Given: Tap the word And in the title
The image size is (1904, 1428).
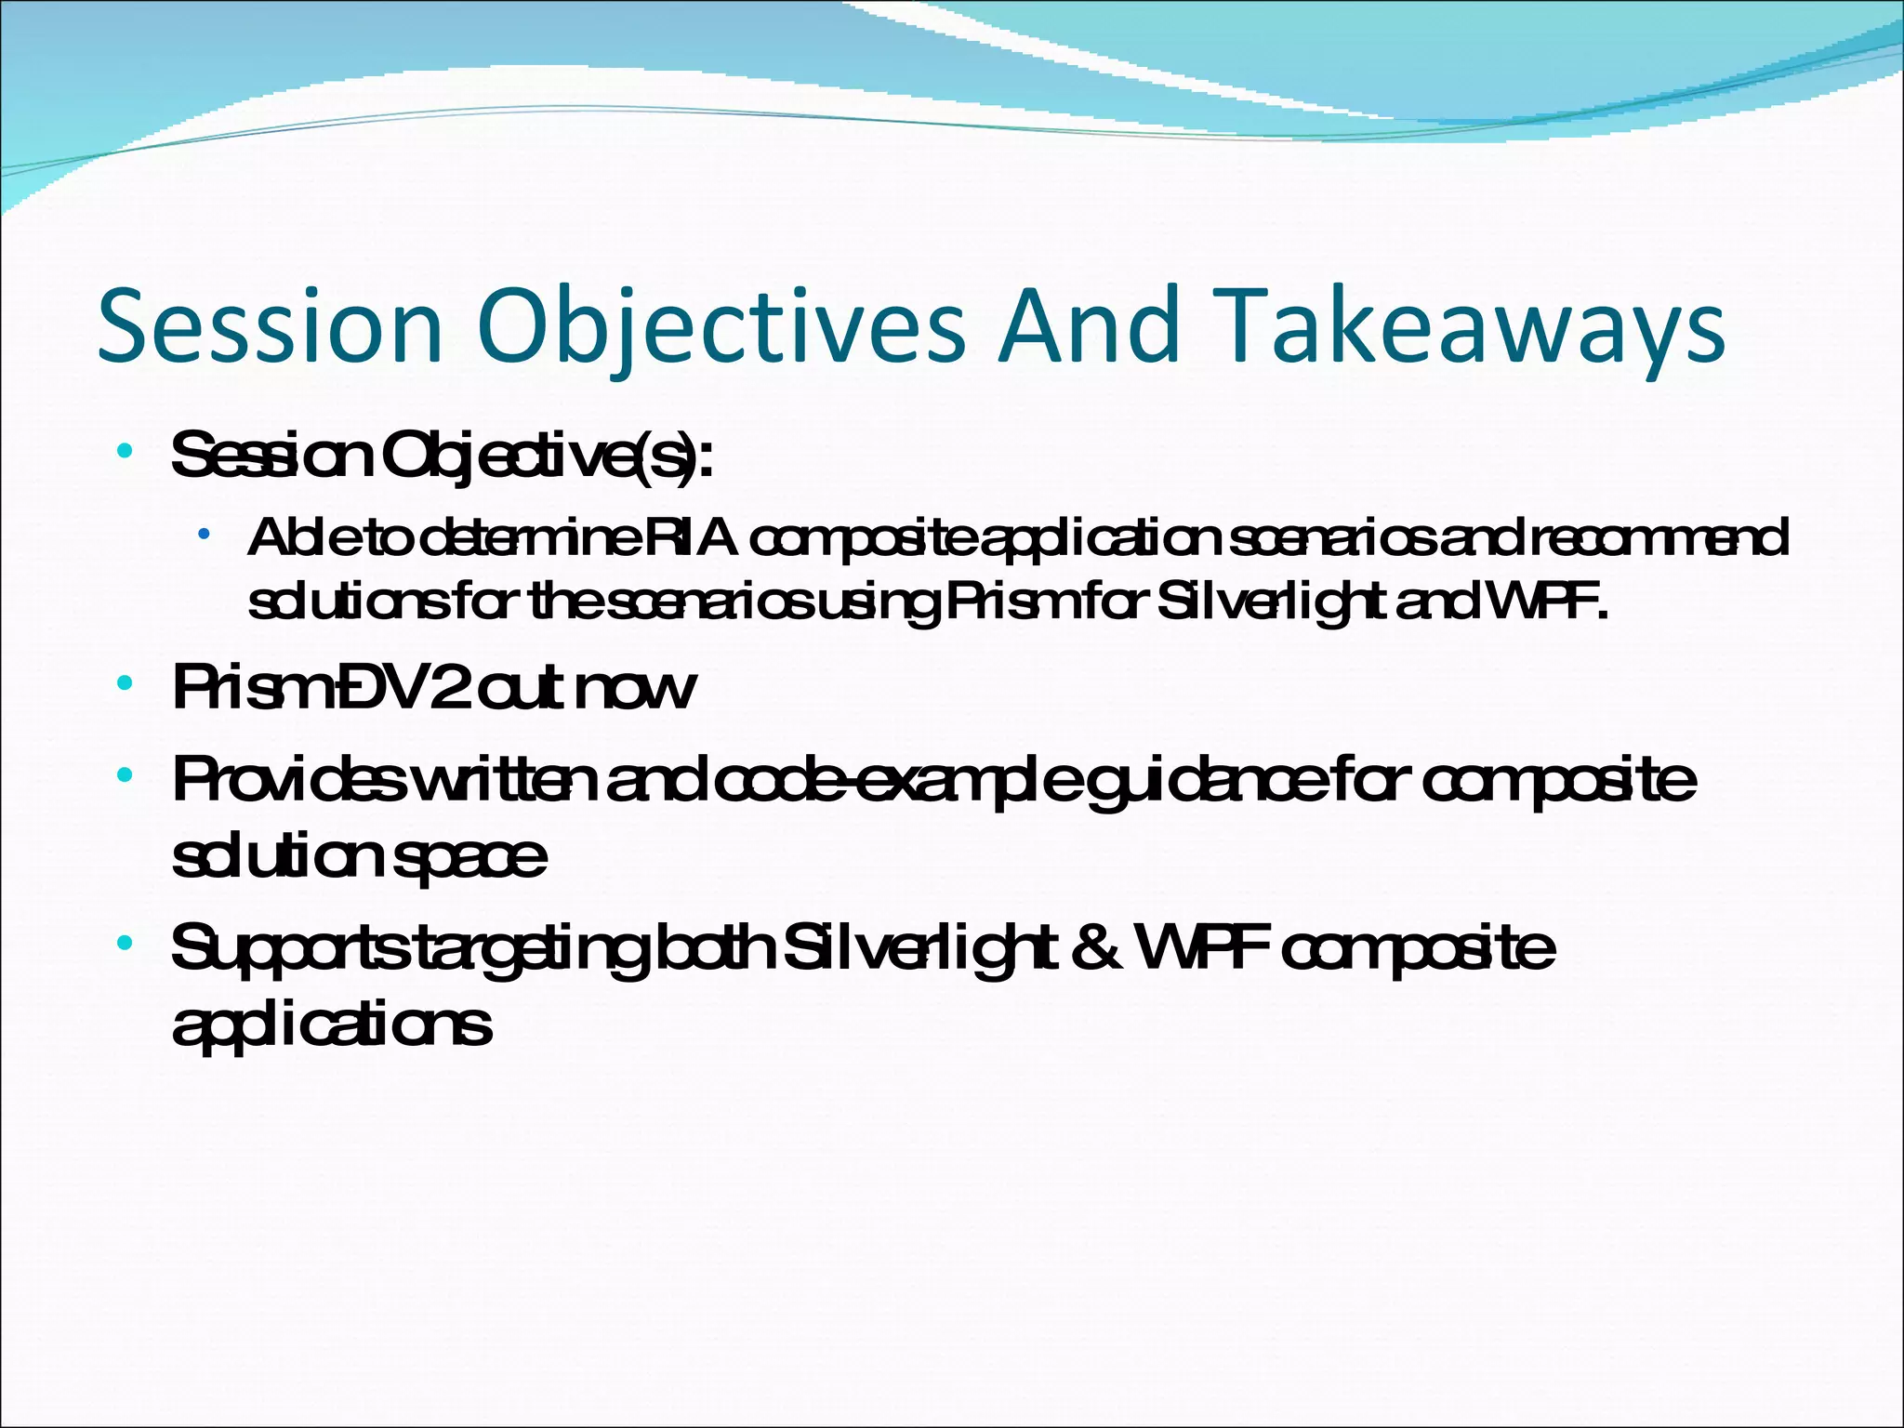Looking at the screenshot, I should (1088, 325).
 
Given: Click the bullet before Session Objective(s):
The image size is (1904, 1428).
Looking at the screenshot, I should (125, 453).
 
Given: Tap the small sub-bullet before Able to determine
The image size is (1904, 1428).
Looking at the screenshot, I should (203, 535).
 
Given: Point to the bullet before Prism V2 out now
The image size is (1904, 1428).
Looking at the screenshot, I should (125, 685).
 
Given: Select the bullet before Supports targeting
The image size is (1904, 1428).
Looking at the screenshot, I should (125, 944).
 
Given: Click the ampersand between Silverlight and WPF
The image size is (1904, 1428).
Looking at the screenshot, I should (1096, 948).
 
